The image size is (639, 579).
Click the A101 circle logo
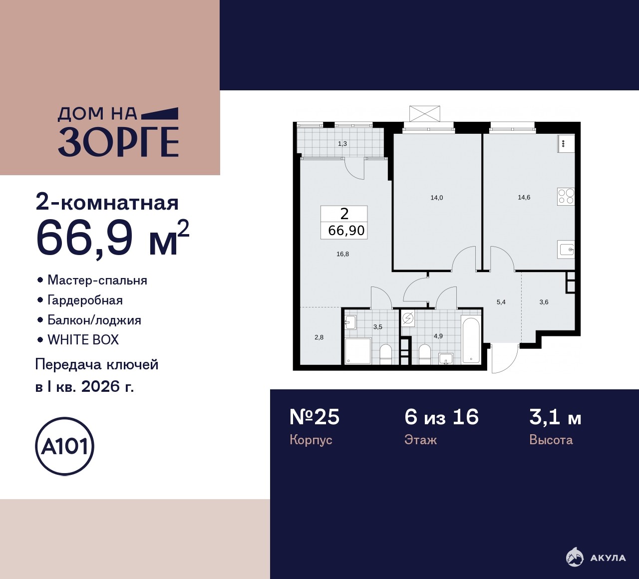(64, 447)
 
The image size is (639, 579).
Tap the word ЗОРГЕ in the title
(118, 142)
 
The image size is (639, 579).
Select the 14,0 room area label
(437, 198)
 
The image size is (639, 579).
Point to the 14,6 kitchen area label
(524, 198)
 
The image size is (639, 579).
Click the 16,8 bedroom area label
(343, 254)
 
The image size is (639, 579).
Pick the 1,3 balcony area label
(342, 144)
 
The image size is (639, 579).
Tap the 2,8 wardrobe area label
(319, 337)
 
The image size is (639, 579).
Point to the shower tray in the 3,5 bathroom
(358, 351)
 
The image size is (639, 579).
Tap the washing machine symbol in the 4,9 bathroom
(408, 318)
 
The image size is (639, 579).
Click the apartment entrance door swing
(505, 358)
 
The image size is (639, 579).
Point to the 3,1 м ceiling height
(555, 418)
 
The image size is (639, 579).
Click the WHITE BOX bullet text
(83, 340)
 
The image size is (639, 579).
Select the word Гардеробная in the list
(85, 300)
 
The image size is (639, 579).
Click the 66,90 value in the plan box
(346, 231)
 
